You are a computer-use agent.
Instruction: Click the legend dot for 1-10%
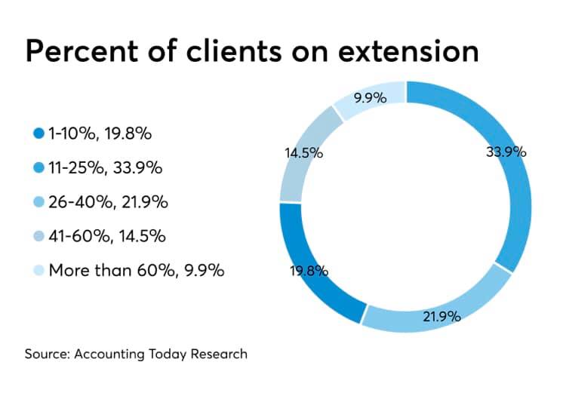coord(38,134)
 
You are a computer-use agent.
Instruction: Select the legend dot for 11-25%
coord(38,168)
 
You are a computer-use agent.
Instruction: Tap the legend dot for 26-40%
coord(38,202)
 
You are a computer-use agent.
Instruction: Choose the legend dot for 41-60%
coord(38,236)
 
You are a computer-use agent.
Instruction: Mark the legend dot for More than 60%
coord(38,270)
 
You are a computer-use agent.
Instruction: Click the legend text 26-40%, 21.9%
coord(108,202)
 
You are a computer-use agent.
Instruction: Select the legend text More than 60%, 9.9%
coord(136,270)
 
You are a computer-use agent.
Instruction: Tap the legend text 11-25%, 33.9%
coord(106,168)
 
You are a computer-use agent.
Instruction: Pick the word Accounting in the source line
coord(105,354)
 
